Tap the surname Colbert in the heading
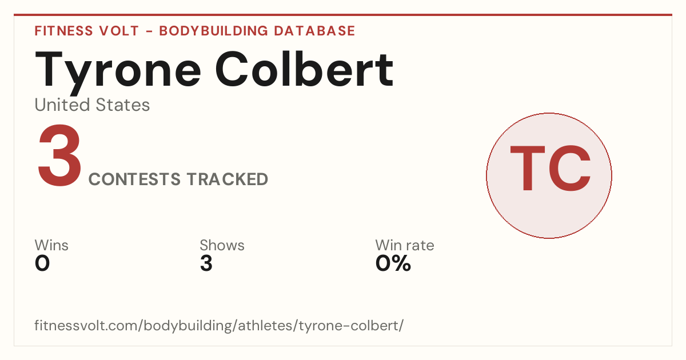tap(304, 69)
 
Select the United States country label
tap(92, 105)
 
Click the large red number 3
tap(59, 155)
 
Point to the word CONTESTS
tap(134, 179)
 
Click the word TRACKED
tap(228, 179)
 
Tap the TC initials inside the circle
tap(550, 168)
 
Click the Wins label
tap(51, 245)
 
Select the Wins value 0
tap(42, 263)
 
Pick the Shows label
tap(222, 245)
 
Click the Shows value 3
tap(206, 263)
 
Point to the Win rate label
tap(405, 245)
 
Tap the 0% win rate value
tap(393, 263)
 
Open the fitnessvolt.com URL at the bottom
tap(219, 325)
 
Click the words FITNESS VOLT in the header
tap(87, 31)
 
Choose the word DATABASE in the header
tap(314, 31)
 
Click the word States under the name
tap(123, 105)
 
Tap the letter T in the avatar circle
tap(527, 168)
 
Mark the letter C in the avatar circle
tap(569, 168)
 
